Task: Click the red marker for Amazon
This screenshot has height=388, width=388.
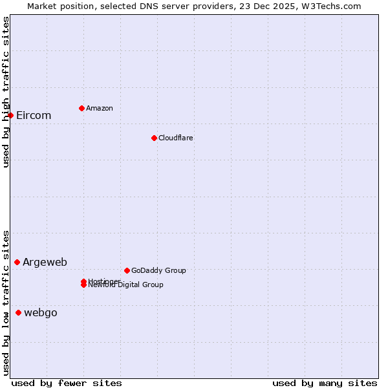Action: click(81, 108)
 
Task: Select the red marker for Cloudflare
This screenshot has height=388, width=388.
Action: click(154, 138)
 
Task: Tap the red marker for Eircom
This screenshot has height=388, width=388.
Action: click(10, 115)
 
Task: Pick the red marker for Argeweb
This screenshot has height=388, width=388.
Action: click(17, 262)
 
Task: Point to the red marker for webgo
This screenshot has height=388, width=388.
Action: click(18, 312)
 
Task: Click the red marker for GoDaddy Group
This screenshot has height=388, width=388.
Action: click(127, 270)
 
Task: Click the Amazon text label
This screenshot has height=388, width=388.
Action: click(100, 108)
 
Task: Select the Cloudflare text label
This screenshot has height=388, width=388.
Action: click(176, 138)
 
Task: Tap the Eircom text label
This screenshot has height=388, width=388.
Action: click(34, 116)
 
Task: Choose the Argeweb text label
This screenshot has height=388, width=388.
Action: click(45, 262)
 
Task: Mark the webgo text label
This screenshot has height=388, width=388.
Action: click(41, 313)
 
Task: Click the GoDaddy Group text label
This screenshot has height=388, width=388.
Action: click(158, 270)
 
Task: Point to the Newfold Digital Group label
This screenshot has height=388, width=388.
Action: click(126, 285)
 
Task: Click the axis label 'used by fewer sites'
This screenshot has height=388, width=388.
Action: click(67, 383)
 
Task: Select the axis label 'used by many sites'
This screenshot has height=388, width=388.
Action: click(325, 383)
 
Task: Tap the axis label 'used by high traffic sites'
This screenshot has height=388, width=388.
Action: click(6, 92)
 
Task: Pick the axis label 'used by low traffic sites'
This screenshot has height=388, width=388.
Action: click(6, 303)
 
